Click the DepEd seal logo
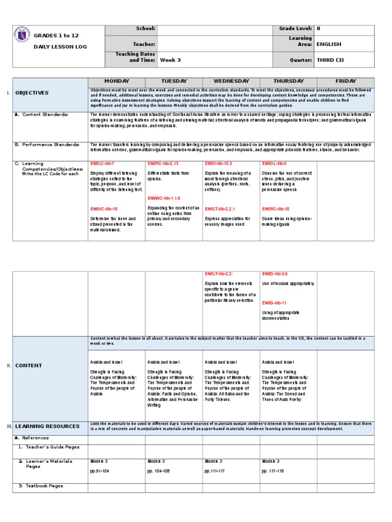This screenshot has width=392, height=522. (23, 38)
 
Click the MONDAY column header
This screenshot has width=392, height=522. (117, 82)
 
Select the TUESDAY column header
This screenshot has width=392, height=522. (174, 82)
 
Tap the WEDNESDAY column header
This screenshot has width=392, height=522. (231, 82)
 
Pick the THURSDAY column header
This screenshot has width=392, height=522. (288, 82)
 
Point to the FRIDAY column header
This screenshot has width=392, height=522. (346, 82)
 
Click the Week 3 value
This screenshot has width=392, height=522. (170, 60)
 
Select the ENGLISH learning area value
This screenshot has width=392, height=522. (329, 44)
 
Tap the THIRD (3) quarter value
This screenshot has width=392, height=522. (330, 60)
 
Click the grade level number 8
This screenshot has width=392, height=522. (318, 29)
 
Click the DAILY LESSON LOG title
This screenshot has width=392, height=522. (61, 46)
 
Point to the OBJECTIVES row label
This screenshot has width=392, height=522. (32, 93)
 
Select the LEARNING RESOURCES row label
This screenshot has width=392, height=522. (47, 426)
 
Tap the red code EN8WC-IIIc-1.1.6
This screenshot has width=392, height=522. (164, 198)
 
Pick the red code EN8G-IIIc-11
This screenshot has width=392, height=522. (274, 303)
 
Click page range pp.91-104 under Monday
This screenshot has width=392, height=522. (100, 471)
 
